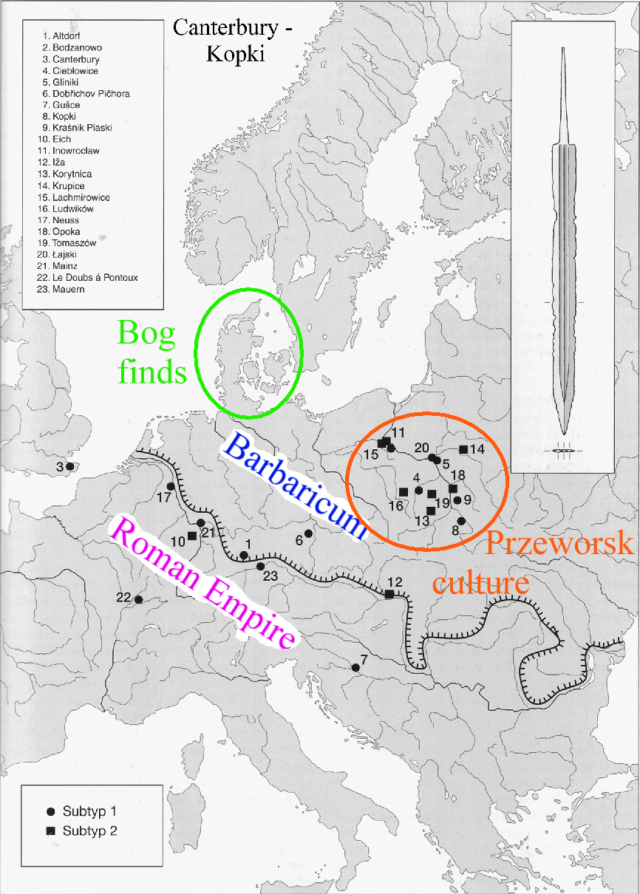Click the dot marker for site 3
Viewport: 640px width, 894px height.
click(x=69, y=466)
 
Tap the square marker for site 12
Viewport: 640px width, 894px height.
click(x=389, y=593)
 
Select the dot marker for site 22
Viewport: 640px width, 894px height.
click(x=138, y=599)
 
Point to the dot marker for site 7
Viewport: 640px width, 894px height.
click(x=355, y=667)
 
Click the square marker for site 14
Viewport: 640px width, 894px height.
click(x=463, y=449)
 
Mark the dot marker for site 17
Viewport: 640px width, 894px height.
click(x=171, y=486)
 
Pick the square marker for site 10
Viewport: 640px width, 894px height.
click(x=192, y=536)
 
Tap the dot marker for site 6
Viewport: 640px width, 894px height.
click(x=308, y=533)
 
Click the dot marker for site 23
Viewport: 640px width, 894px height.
click(x=260, y=566)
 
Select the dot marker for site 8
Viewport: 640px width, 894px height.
click(x=460, y=521)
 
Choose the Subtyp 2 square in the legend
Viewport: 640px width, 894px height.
click(x=50, y=830)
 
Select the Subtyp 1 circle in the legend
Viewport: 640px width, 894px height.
click(x=50, y=811)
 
